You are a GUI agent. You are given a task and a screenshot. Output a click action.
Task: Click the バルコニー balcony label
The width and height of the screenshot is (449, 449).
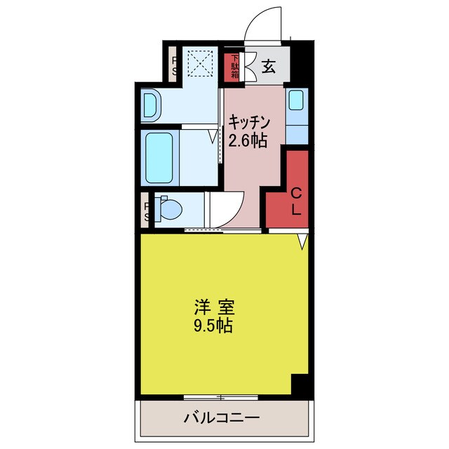click(x=222, y=418)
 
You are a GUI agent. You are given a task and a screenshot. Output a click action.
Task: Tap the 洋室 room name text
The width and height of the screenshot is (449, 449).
click(x=214, y=307)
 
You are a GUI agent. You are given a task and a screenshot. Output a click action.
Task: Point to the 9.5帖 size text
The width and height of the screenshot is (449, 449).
click(x=214, y=326)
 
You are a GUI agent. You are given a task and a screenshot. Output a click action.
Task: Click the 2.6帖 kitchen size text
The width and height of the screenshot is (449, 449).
click(x=246, y=140)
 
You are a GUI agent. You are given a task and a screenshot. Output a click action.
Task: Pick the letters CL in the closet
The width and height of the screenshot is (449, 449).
click(x=295, y=201)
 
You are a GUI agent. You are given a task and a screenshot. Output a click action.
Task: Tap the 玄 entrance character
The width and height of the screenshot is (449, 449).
click(x=269, y=67)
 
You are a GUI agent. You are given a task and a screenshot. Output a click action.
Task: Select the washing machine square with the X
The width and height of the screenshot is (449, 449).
click(x=201, y=65)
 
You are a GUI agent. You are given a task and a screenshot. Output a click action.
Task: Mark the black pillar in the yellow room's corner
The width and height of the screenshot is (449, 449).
click(x=300, y=384)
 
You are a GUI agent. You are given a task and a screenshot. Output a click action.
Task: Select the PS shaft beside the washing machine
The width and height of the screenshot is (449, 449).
click(x=173, y=65)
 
